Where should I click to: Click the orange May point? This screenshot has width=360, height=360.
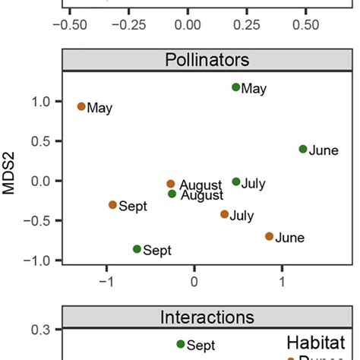coord(81,106)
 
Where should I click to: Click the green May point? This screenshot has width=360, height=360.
coord(236,87)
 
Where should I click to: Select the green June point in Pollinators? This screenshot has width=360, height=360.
coord(303,149)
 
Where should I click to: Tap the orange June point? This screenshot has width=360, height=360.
coord(269,236)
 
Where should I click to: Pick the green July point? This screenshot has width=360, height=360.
coord(236,182)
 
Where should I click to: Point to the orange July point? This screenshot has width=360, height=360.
coord(224,214)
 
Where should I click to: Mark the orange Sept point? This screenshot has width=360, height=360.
coord(112,204)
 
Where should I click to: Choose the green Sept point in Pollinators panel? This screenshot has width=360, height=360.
coord(137,248)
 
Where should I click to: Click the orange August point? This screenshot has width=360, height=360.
coord(171,184)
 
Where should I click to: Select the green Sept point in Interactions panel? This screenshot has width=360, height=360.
coord(181,344)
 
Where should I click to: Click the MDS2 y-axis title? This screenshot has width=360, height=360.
coord(11,180)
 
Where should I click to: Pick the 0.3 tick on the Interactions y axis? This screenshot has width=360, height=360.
coord(43,330)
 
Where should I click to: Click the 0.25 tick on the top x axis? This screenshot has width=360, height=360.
coord(246,24)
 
